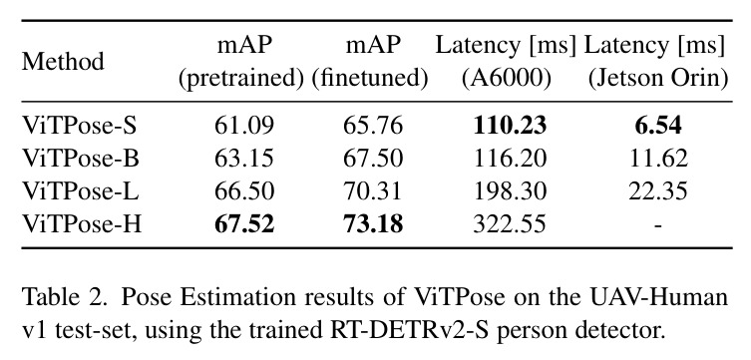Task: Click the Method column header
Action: pos(63,62)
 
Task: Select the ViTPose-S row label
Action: pos(80,126)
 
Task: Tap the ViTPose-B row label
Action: pos(81,159)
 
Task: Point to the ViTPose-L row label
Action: pos(80,191)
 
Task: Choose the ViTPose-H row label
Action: pos(82,224)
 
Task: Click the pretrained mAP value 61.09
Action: pos(244,126)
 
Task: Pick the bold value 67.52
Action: pos(244,224)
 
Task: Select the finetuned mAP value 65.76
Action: pos(373,126)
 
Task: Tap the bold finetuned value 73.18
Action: pos(373,224)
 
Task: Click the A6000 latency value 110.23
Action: pos(510,126)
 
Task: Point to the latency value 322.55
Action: pos(510,224)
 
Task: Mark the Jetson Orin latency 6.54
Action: pos(658,126)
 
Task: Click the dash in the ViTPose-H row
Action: pos(658,226)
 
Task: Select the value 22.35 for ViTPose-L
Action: pos(658,191)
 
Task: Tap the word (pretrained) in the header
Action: pos(241,79)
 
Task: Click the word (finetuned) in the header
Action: pos(370,79)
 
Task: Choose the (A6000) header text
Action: pos(507,79)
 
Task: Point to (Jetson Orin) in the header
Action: pos(658,79)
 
